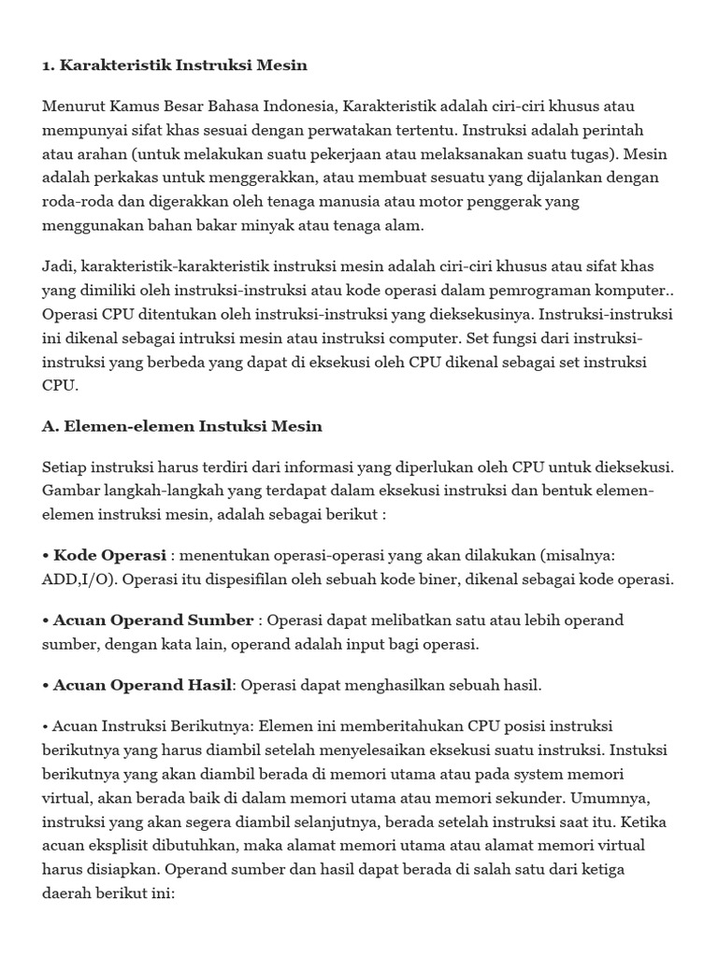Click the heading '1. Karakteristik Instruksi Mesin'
[x=175, y=65]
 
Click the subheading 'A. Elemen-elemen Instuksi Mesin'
[x=182, y=426]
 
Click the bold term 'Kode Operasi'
[x=109, y=555]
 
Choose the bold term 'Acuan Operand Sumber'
[x=153, y=620]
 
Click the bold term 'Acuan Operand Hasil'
[x=141, y=685]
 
